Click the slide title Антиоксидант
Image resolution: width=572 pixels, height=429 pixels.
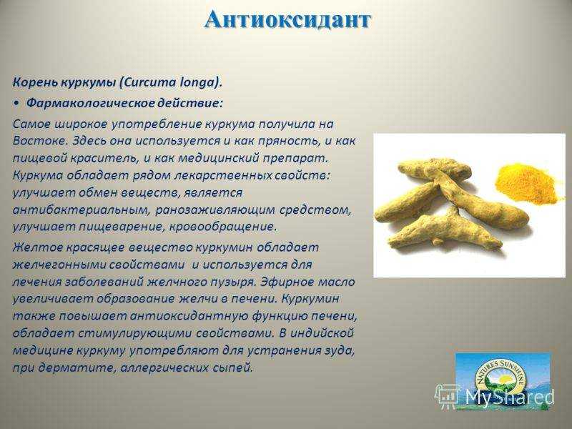pos(287,21)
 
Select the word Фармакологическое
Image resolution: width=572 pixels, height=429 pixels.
pos(91,103)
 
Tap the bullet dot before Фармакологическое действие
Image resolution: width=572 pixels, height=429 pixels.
pos(16,104)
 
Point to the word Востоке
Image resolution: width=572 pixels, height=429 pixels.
pos(39,141)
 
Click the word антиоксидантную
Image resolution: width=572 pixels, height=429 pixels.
pos(189,316)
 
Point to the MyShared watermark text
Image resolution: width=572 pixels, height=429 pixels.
pos(510,397)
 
